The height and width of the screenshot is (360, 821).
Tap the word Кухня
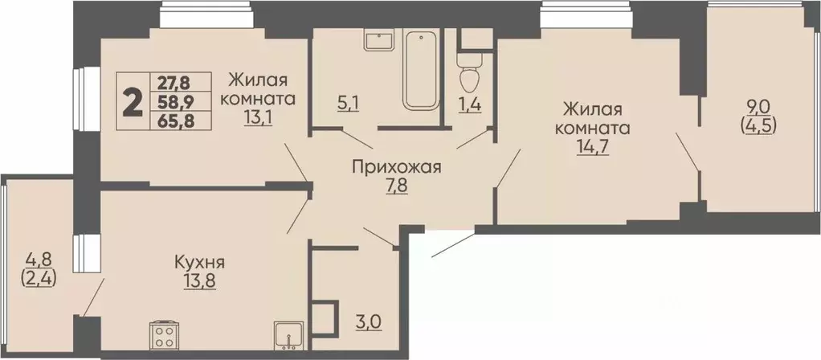pyautogui.click(x=198, y=262)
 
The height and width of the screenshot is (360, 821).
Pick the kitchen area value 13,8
pyautogui.click(x=198, y=282)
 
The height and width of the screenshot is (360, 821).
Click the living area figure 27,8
pyautogui.click(x=180, y=82)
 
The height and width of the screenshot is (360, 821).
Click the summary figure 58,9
pyautogui.click(x=180, y=101)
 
